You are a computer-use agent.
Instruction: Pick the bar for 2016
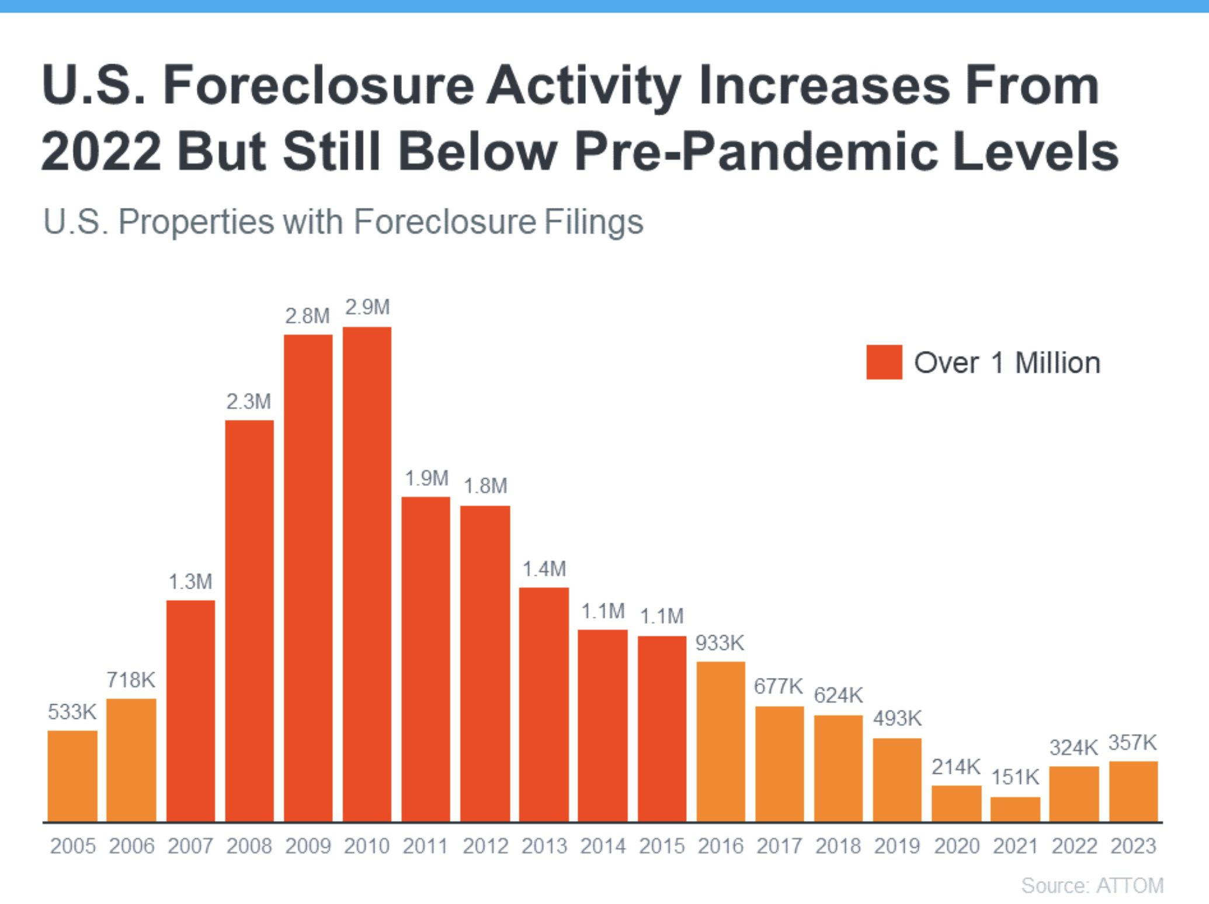[x=721, y=741]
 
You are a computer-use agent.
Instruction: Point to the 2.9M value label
[x=367, y=307]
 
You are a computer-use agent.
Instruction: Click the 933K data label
[x=720, y=643]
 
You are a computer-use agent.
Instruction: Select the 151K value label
[x=1015, y=777]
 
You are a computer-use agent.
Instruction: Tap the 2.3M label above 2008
[x=249, y=402]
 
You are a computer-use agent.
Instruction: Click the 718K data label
[x=131, y=680]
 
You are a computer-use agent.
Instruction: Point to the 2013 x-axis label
[x=544, y=846]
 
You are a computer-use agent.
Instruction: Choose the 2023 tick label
[x=1133, y=846]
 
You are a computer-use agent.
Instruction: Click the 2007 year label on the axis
[x=190, y=846]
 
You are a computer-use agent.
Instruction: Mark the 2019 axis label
[x=897, y=846]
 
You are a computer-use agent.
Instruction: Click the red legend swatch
[x=884, y=362]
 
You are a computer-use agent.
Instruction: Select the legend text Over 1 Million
[x=1007, y=363]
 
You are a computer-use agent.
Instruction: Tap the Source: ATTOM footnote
[x=1092, y=885]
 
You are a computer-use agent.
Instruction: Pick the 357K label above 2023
[x=1132, y=743]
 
